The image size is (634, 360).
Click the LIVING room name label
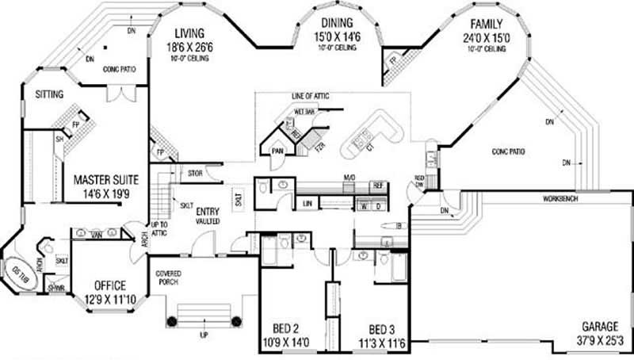pyautogui.click(x=190, y=33)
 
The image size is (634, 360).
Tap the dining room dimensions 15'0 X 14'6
pyautogui.click(x=338, y=36)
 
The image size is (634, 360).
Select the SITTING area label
pyautogui.click(x=49, y=94)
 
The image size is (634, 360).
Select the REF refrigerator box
pyautogui.click(x=379, y=187)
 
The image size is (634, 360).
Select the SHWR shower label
pyautogui.click(x=55, y=288)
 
